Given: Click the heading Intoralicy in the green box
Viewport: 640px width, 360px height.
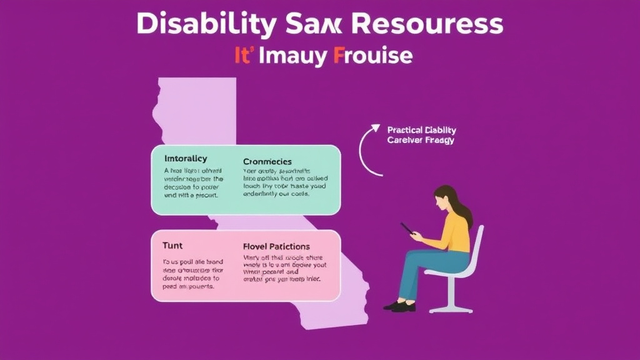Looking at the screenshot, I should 186,159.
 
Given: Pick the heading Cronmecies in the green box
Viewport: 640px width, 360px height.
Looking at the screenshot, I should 267,162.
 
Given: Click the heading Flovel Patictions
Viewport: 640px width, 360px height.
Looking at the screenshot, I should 276,247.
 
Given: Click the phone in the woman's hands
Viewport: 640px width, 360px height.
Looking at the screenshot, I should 407,229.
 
